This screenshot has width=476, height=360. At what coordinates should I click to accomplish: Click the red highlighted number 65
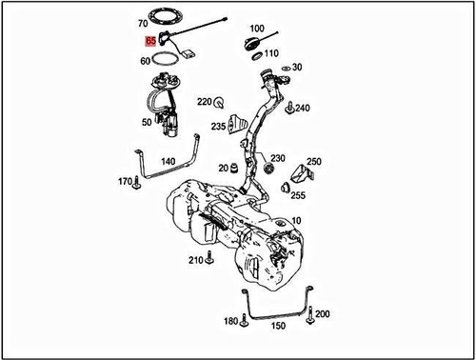click(x=151, y=41)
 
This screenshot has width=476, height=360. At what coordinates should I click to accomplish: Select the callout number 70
click(x=143, y=22)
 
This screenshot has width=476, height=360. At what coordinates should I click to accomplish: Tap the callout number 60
click(x=146, y=60)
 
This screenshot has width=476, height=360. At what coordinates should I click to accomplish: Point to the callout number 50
click(x=147, y=122)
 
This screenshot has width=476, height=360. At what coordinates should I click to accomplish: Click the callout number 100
click(x=257, y=30)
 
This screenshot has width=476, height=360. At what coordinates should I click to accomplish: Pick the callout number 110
click(x=271, y=53)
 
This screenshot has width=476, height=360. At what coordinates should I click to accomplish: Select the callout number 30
click(x=297, y=68)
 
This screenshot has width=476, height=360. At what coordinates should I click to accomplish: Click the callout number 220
click(x=204, y=100)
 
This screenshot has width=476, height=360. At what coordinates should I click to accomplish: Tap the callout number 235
click(x=218, y=126)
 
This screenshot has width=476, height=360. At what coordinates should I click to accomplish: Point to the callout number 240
click(x=303, y=109)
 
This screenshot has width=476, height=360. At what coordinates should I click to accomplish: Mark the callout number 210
click(x=195, y=260)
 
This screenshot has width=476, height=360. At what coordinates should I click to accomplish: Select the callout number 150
click(x=277, y=326)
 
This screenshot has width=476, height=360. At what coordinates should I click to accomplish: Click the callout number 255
click(x=298, y=195)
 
